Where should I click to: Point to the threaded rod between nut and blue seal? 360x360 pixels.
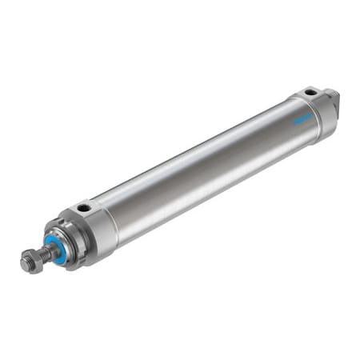45,255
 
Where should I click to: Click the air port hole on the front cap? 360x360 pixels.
84,209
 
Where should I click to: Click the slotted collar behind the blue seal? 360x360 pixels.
67,240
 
